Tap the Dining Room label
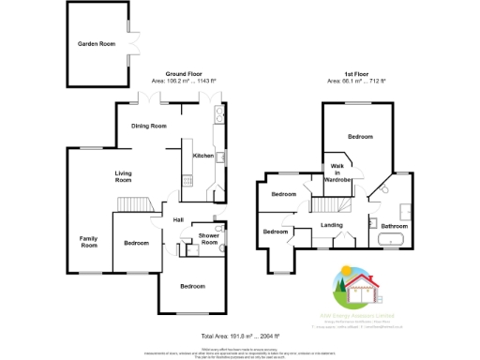[x=148, y=126]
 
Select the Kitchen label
[x=202, y=156]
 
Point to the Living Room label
[x=123, y=176]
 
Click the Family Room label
[x=88, y=241]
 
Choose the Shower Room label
[x=208, y=240]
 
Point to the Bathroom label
[x=393, y=226]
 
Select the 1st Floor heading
[x=356, y=73]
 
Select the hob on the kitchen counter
[x=187, y=178]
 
